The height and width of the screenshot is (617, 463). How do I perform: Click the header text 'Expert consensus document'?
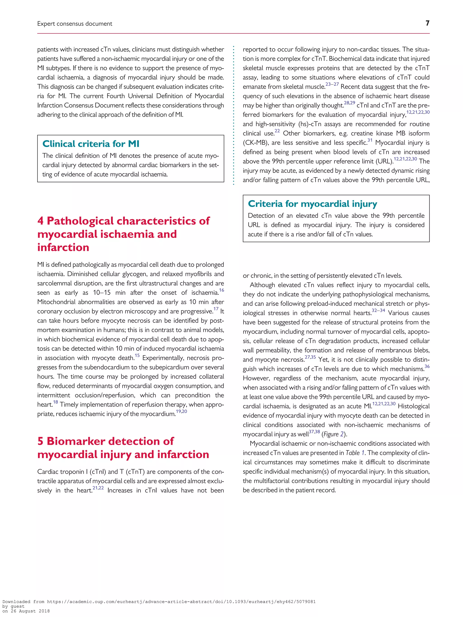point(75,24)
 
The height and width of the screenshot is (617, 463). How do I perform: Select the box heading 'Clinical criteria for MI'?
point(91,144)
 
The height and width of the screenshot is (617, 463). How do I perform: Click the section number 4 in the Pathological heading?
point(40,221)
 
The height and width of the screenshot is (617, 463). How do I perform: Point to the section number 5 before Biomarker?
point(40,441)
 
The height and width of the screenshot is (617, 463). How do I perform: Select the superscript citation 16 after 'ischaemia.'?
point(221,290)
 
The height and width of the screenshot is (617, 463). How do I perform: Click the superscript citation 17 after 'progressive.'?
point(216,309)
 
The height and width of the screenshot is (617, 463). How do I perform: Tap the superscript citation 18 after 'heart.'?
point(56,402)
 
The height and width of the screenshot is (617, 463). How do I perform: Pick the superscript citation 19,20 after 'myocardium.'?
point(181,411)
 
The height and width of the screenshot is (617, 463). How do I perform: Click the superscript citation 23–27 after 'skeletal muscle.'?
point(332,84)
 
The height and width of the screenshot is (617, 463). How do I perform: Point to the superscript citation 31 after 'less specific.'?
point(370,140)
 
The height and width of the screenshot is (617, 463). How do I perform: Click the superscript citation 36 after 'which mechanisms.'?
point(427,366)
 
